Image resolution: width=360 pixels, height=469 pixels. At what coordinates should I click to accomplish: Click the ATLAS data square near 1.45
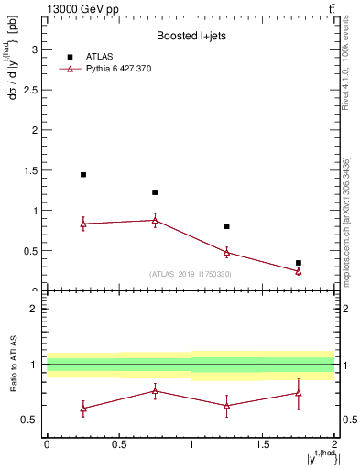pos(83,174)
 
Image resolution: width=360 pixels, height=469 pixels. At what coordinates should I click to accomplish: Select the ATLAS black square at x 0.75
pos(155,192)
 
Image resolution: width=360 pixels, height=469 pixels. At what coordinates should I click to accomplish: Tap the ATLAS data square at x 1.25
pos(227,226)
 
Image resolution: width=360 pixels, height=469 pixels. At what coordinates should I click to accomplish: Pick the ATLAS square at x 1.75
pos(299,263)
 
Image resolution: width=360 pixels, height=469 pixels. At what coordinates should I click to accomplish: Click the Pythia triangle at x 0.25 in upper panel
pos(83,224)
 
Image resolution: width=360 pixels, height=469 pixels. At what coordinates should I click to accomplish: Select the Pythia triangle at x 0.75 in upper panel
pos(155,220)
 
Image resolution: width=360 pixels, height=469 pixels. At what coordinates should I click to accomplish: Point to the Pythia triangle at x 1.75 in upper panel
pos(299,271)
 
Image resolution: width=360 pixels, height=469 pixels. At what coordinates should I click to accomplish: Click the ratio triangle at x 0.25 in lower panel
pos(83,409)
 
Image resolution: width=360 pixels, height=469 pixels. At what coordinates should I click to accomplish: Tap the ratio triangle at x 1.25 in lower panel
pos(227,406)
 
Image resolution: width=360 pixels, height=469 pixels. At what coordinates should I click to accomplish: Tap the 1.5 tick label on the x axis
pos(263,444)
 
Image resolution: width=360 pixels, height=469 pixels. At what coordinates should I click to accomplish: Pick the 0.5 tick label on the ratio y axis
pos(33,420)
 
